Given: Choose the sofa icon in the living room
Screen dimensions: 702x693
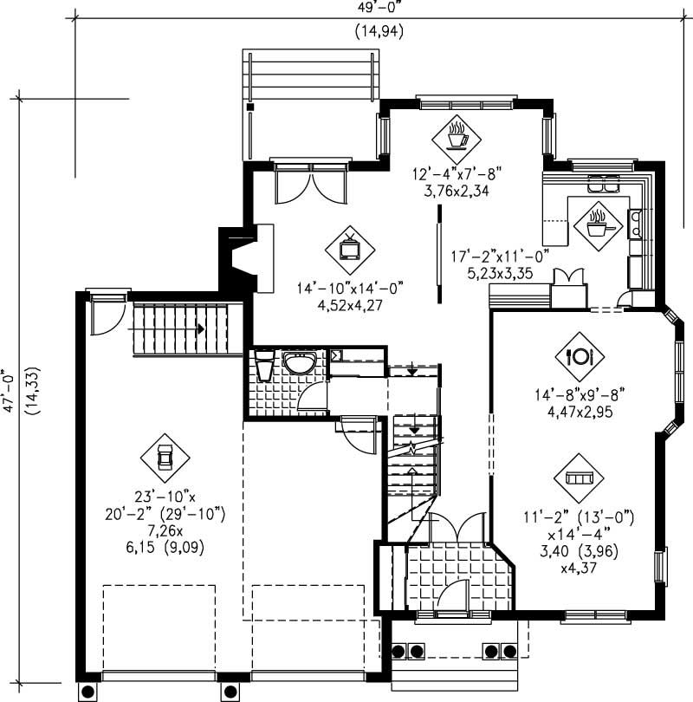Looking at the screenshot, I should (x=577, y=478).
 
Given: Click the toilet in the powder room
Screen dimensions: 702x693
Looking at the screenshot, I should (x=265, y=367).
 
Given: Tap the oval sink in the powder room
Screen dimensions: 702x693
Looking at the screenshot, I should (x=300, y=364).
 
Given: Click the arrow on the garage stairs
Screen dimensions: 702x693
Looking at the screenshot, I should (x=200, y=329).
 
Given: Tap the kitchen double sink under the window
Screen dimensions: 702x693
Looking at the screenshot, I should (x=604, y=183).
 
